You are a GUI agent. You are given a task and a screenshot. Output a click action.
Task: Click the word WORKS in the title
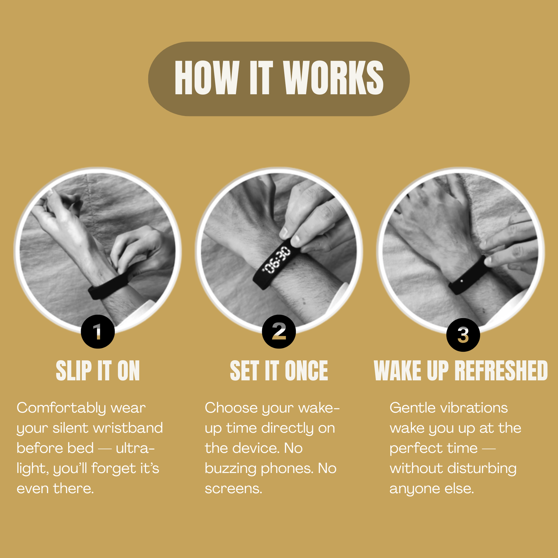pyautogui.click(x=333, y=78)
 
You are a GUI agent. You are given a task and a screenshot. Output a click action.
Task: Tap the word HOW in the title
pyautogui.click(x=207, y=78)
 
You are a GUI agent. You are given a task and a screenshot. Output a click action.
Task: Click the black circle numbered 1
pyautogui.click(x=98, y=332)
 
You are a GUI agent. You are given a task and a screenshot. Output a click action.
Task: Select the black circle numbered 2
pyautogui.click(x=279, y=332)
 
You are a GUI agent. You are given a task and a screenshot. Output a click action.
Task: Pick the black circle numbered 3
pyautogui.click(x=463, y=335)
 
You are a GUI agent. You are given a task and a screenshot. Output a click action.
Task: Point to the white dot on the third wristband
pyautogui.click(x=461, y=280)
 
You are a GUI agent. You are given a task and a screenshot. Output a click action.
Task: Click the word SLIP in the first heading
pyautogui.click(x=73, y=371)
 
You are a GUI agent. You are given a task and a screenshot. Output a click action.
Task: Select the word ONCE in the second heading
pyautogui.click(x=306, y=371)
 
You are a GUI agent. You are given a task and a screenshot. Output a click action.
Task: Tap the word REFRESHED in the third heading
pyautogui.click(x=501, y=371)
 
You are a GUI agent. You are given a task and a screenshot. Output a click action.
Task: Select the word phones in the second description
pyautogui.click(x=287, y=469)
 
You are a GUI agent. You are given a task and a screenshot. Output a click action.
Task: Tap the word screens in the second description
pyautogui.click(x=233, y=489)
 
